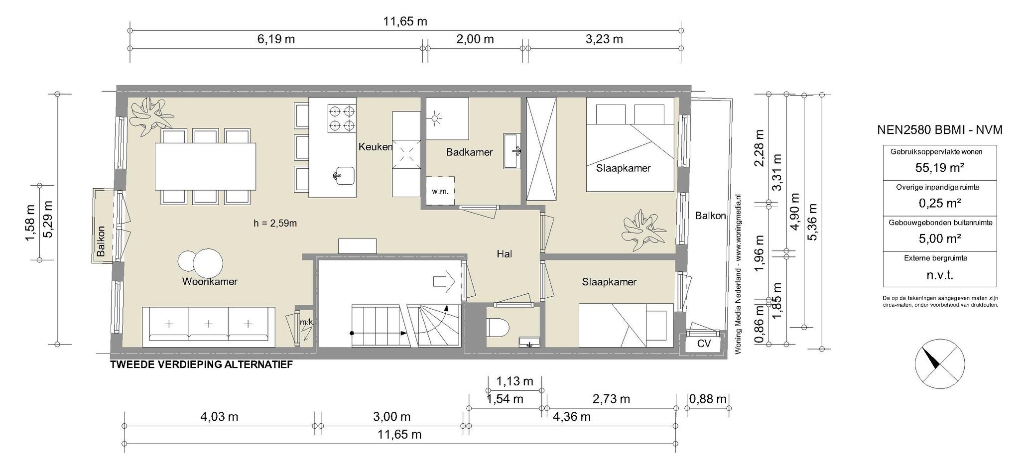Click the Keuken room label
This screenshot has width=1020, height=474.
tap(376, 147)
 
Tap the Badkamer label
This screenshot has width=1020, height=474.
tap(469, 152)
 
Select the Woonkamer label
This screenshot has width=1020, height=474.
tap(210, 281)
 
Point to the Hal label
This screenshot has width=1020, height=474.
tap(505, 254)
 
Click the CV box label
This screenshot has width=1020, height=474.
tap(704, 344)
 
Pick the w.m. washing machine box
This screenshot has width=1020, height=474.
tap(440, 191)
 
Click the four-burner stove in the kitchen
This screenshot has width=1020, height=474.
tap(342, 118)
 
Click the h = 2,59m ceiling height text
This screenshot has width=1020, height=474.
tap(275, 223)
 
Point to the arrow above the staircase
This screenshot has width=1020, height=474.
tap(444, 281)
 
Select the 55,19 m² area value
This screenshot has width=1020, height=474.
tap(940, 167)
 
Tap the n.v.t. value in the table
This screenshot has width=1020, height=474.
tap(940, 274)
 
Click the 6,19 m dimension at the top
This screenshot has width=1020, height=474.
tap(276, 39)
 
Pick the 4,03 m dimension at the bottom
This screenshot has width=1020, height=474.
tap(219, 416)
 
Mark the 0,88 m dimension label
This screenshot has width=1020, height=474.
tap(708, 399)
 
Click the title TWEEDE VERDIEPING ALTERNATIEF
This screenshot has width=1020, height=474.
tap(201, 364)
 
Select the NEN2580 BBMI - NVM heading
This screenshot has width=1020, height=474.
tap(940, 130)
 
